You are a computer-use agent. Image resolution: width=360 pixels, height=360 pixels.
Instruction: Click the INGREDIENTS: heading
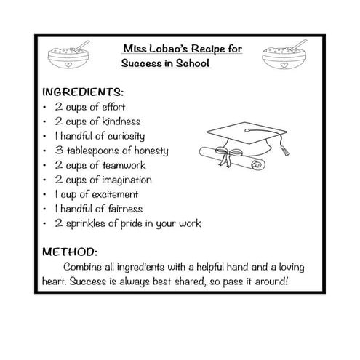tap(84, 93)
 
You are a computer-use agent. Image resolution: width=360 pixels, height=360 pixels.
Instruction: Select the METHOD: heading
tap(71, 252)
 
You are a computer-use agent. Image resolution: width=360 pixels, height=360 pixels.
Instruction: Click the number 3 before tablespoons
tap(57, 151)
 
